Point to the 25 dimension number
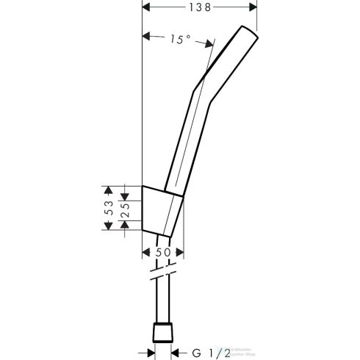[x=126, y=206]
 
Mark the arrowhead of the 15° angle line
[x=145, y=36]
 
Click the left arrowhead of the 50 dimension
[x=144, y=252]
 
